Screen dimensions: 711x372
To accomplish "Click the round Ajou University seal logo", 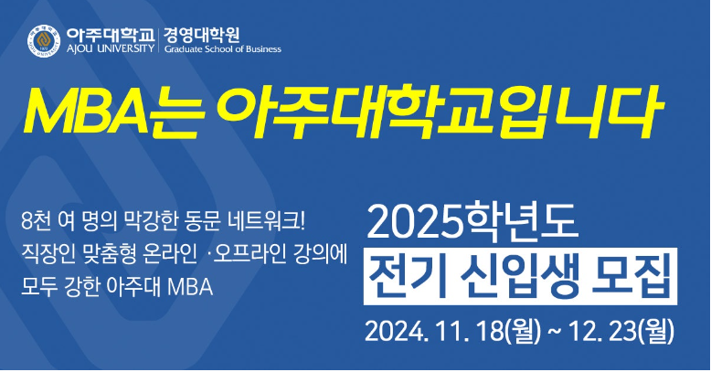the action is coord(44,41).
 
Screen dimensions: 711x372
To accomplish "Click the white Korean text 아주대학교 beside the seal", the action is coord(111,35).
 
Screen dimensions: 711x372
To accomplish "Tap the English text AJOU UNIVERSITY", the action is coord(111,48).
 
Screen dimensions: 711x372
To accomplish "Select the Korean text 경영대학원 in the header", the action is coord(202,35).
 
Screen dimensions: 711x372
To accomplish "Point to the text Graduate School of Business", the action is coord(223,49).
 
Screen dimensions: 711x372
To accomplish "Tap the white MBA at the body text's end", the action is coord(190,287).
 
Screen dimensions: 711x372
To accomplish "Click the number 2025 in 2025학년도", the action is coord(412,223).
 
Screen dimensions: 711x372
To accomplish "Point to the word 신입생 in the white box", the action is coord(521,276).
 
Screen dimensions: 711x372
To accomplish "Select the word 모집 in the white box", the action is coord(631,276).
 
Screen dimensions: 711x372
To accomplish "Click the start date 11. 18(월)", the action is coord(488,332).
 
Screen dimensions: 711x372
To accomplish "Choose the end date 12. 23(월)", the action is coord(621,332).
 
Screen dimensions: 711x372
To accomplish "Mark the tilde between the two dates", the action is coord(554,333).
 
